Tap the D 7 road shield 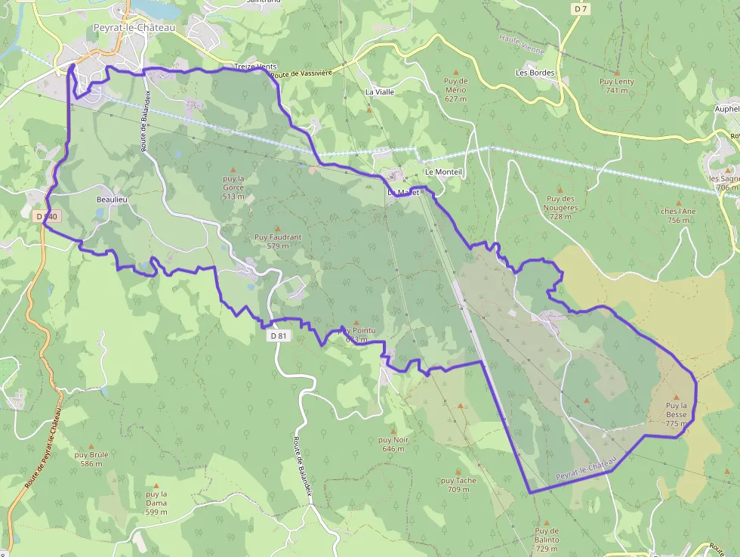pos(580,8)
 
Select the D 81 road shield pos(279,336)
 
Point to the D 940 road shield pos(46,216)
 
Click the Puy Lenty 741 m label pos(617,85)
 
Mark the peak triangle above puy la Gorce pos(233,169)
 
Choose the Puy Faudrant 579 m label pos(278,241)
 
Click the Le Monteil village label pos(443,172)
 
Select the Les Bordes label pos(535,73)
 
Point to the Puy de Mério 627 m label pos(455,89)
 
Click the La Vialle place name pos(380,91)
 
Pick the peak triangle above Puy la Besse pos(676,397)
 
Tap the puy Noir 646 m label pos(393,444)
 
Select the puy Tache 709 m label pos(458,484)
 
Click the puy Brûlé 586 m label pos(91,459)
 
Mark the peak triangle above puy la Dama pos(156,485)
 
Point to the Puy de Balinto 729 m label pos(547,540)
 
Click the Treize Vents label pos(255,67)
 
